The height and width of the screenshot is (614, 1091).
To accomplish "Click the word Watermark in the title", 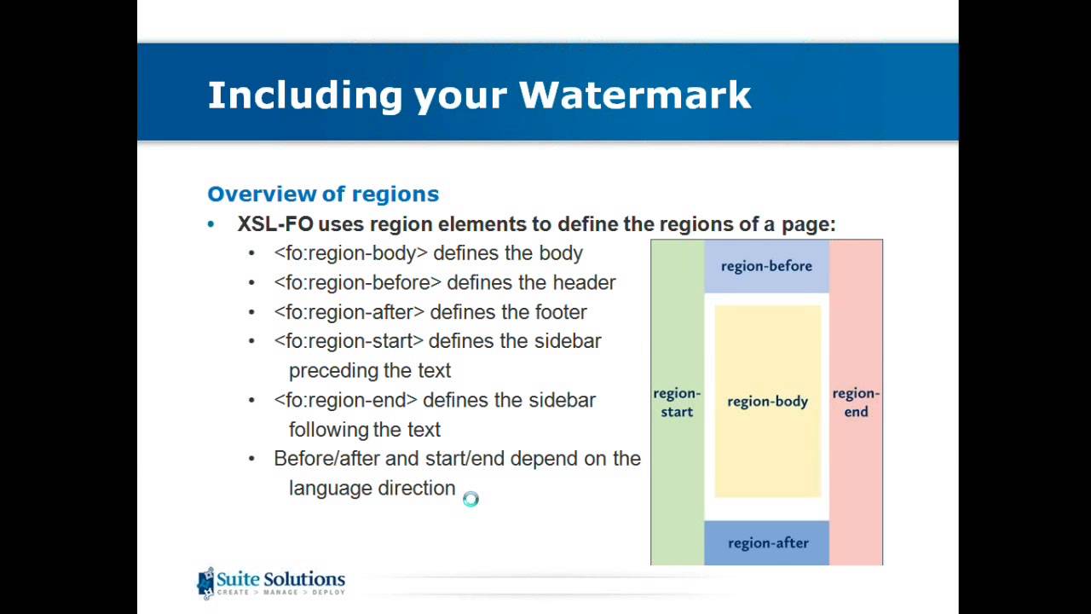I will pyautogui.click(x=635, y=95).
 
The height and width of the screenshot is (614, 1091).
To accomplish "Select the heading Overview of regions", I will pyautogui.click(x=323, y=194).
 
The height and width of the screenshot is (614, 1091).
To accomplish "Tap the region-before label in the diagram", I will pyautogui.click(x=766, y=266).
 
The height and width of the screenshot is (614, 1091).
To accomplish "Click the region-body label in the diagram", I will pyautogui.click(x=767, y=401).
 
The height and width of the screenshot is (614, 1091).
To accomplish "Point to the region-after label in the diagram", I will pyautogui.click(x=768, y=543).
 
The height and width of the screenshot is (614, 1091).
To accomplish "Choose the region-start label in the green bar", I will pyautogui.click(x=677, y=403).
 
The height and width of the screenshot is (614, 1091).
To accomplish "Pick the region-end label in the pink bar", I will pyautogui.click(x=856, y=403).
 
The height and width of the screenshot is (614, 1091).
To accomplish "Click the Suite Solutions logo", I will pyautogui.click(x=271, y=583).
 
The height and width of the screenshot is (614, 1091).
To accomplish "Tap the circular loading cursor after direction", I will pyautogui.click(x=470, y=500).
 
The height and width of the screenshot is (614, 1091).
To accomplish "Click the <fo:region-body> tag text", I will pyautogui.click(x=350, y=253).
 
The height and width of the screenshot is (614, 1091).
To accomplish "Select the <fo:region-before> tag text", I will pyautogui.click(x=357, y=282).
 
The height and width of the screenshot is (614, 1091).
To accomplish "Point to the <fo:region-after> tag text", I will pyautogui.click(x=349, y=312).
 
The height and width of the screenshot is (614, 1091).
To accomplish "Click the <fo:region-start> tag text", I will pyautogui.click(x=349, y=341).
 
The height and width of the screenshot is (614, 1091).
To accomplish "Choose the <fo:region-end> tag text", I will pyautogui.click(x=345, y=400).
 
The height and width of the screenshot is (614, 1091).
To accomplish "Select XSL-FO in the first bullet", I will pyautogui.click(x=275, y=224).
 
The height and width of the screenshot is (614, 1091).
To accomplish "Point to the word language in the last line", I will pyautogui.click(x=326, y=489).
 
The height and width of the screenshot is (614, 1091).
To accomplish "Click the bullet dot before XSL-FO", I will pyautogui.click(x=211, y=224).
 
